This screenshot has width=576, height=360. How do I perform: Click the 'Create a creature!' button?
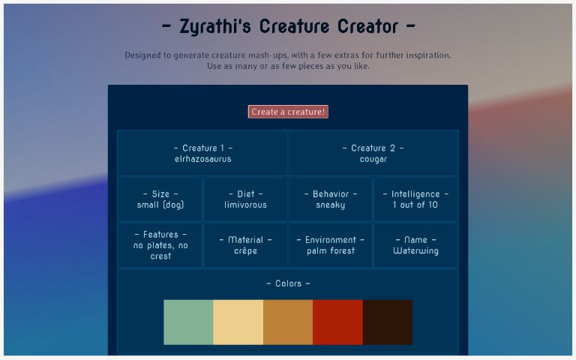click(288, 112)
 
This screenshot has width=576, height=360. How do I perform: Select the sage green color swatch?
click(188, 322)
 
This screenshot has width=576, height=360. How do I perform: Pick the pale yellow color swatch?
click(238, 322)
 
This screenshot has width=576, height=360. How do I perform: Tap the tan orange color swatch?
click(288, 322)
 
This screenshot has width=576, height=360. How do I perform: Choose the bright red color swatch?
click(337, 322)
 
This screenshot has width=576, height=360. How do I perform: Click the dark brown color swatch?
click(387, 322)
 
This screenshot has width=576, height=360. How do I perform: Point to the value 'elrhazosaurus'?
click(202, 159)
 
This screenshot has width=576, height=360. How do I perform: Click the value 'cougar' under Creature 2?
click(373, 159)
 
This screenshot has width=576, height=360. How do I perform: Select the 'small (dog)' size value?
click(160, 205)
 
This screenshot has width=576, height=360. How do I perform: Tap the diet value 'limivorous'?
click(245, 205)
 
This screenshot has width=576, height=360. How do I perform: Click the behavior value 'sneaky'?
click(331, 205)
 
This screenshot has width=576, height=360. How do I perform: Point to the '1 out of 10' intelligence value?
click(415, 205)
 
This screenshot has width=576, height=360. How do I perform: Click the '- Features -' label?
click(160, 235)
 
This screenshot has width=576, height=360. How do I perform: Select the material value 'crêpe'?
click(245, 251)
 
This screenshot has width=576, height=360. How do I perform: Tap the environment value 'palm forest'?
click(331, 251)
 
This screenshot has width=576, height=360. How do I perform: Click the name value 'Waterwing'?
click(415, 251)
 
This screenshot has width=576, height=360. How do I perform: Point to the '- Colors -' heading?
click(288, 283)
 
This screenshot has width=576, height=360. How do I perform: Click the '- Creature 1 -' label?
click(202, 148)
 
